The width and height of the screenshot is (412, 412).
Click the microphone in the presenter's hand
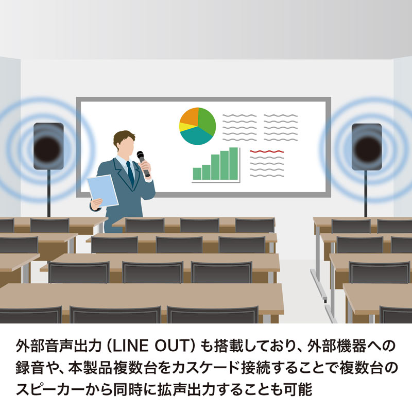coord(143,163)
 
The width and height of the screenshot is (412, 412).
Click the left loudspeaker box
coord(48,146)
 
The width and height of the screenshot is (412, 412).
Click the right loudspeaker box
coord(367,147)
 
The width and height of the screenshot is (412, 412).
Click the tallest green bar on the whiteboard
coord(234,163)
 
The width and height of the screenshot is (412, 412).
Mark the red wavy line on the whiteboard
coord(267,151)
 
